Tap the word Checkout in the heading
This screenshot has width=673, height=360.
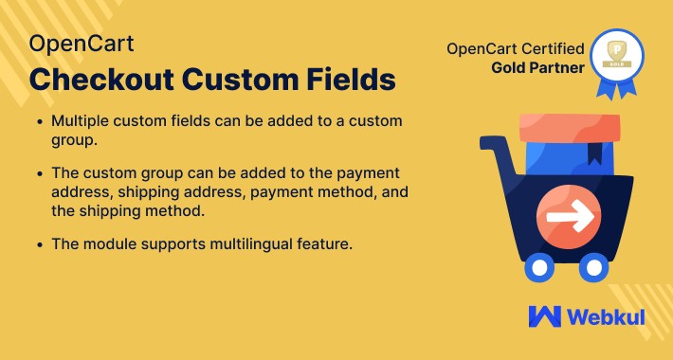(103, 80)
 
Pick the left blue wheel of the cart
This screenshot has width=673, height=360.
(539, 266)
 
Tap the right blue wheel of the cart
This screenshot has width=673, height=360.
(593, 266)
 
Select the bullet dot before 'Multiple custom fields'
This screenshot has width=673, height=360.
(37, 123)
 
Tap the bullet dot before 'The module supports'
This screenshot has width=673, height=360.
(37, 245)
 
